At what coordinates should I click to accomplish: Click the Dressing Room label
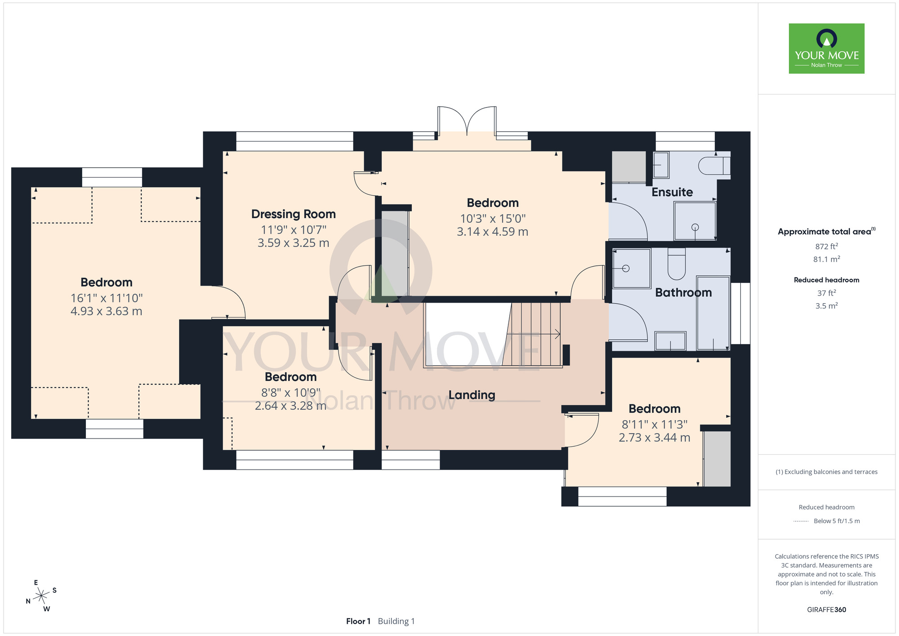tap(294, 214)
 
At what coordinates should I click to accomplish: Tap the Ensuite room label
tap(672, 192)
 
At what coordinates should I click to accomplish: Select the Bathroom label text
tap(683, 293)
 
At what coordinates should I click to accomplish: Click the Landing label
tap(472, 395)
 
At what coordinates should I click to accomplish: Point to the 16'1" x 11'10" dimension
tap(107, 298)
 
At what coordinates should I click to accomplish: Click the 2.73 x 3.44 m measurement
tap(654, 438)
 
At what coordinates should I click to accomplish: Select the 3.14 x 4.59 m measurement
tap(493, 232)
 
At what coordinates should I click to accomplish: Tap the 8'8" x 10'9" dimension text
tap(291, 393)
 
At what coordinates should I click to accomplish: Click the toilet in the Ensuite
tap(714, 166)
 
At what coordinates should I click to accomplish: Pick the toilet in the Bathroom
tap(676, 264)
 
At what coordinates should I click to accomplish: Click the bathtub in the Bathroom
tap(713, 313)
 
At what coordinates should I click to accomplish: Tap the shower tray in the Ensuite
tap(694, 221)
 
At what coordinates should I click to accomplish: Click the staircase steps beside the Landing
tap(534, 334)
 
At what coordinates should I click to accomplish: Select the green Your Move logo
tap(827, 49)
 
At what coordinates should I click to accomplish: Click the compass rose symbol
tap(41, 596)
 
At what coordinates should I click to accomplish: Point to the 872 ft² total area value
tap(827, 246)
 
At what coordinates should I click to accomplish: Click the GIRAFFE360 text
tap(827, 610)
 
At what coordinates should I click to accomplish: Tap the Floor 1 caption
tap(358, 621)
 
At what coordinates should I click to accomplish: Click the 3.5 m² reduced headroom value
tap(827, 305)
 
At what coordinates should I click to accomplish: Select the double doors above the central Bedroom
tap(467, 121)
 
